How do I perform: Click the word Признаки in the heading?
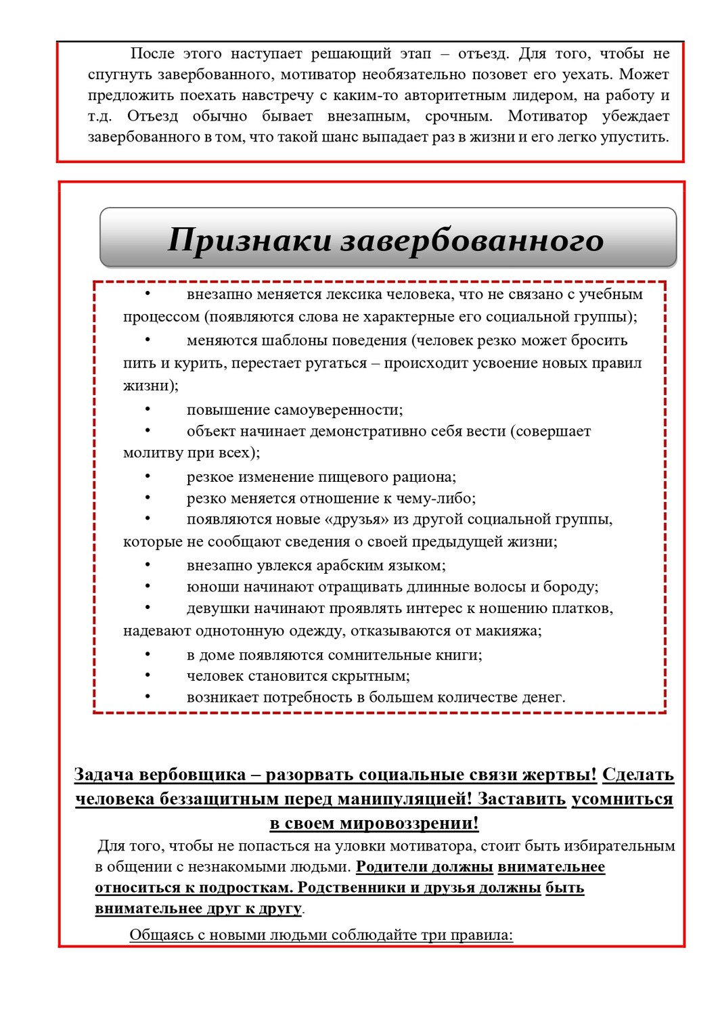pyautogui.click(x=250, y=240)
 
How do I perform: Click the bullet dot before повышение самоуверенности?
pyautogui.click(x=148, y=409)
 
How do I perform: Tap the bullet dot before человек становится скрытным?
pyautogui.click(x=148, y=675)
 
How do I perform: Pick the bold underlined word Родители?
pyautogui.click(x=392, y=867)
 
